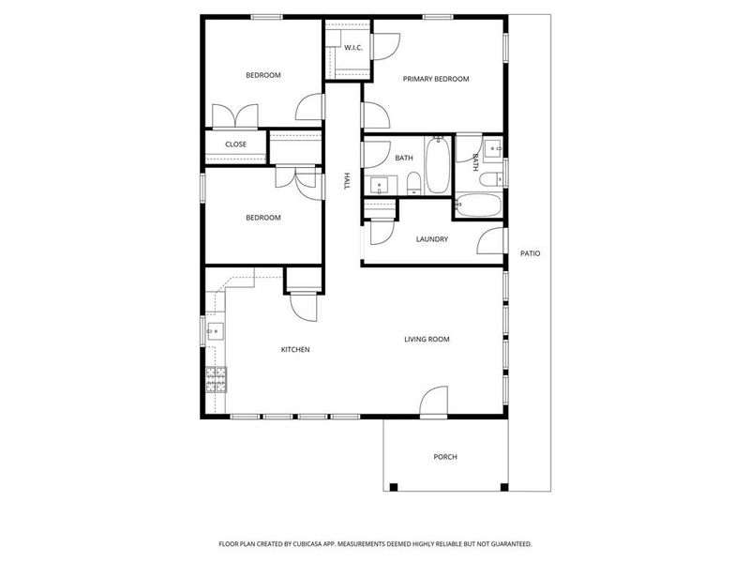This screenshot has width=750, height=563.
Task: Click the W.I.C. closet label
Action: pyautogui.click(x=353, y=47)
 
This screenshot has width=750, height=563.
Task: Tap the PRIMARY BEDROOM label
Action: pyautogui.click(x=435, y=79)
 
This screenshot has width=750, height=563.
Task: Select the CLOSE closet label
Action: pyautogui.click(x=235, y=145)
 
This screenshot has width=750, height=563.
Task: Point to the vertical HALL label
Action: pyautogui.click(x=346, y=181)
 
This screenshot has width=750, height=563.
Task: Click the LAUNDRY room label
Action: pyautogui.click(x=432, y=239)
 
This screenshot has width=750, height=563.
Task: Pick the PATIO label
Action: pyautogui.click(x=531, y=253)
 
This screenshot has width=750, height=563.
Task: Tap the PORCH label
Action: pyautogui.click(x=445, y=457)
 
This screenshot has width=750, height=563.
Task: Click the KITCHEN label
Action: pyautogui.click(x=295, y=350)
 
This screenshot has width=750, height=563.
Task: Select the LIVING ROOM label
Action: pyautogui.click(x=427, y=339)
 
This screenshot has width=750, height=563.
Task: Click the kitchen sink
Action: pyautogui.click(x=215, y=329)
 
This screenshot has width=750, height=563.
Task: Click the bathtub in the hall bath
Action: pyautogui.click(x=437, y=165)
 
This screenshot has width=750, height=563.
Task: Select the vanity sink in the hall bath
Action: pyautogui.click(x=378, y=183)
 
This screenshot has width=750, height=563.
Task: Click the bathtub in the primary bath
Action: pyautogui.click(x=479, y=206)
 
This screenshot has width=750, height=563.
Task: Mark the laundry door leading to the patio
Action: pyautogui.click(x=492, y=241)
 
